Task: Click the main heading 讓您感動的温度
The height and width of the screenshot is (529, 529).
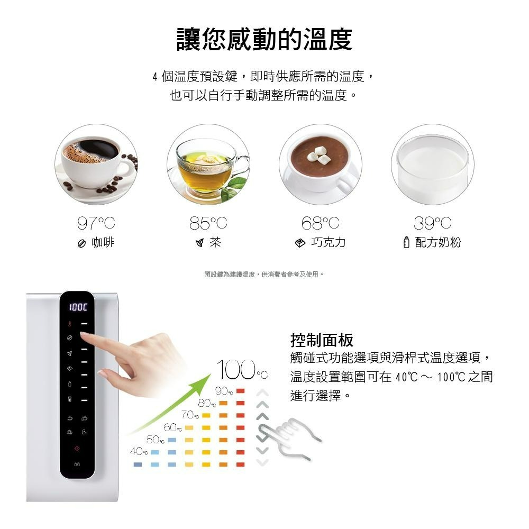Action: pyautogui.click(x=264, y=40)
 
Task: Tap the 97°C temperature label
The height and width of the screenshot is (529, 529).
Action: pyautogui.click(x=96, y=223)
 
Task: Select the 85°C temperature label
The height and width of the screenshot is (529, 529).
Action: pyautogui.click(x=208, y=223)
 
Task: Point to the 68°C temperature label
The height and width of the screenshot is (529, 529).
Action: pyautogui.click(x=321, y=223)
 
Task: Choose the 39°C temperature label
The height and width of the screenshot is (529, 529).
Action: pyautogui.click(x=432, y=223)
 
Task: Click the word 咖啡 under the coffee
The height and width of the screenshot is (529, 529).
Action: pyautogui.click(x=103, y=243)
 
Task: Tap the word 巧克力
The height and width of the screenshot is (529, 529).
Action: pyautogui.click(x=328, y=243)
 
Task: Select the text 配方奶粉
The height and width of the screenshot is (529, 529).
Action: pyautogui.click(x=438, y=243)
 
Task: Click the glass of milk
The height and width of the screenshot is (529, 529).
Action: pyautogui.click(x=432, y=164)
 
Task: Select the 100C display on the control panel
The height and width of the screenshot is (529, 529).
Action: pyautogui.click(x=77, y=307)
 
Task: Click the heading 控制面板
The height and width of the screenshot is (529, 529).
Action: pyautogui.click(x=322, y=340)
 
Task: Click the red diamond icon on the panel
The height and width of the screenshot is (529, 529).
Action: pyautogui.click(x=77, y=449)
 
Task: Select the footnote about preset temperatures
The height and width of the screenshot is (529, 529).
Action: pyautogui.click(x=264, y=274)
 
